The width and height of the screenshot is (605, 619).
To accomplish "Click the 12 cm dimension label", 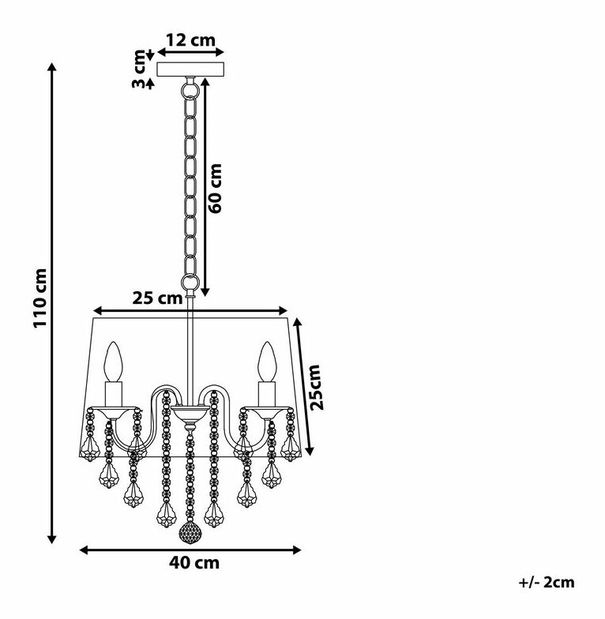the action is click(190, 41).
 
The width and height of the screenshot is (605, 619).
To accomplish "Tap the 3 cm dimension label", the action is click(139, 69).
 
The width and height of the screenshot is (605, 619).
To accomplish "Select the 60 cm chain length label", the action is click(215, 188).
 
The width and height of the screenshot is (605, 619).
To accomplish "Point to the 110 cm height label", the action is click(40, 298).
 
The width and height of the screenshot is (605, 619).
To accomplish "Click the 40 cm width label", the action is click(194, 563).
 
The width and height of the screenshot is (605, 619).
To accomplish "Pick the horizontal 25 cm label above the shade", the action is click(157, 298).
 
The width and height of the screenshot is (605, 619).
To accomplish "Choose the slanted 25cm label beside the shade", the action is click(316, 388).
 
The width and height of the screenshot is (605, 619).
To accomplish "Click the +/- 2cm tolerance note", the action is click(547, 582).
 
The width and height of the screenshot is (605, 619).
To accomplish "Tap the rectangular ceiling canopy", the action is click(191, 69).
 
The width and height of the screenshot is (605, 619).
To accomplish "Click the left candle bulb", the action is click(114, 362).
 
